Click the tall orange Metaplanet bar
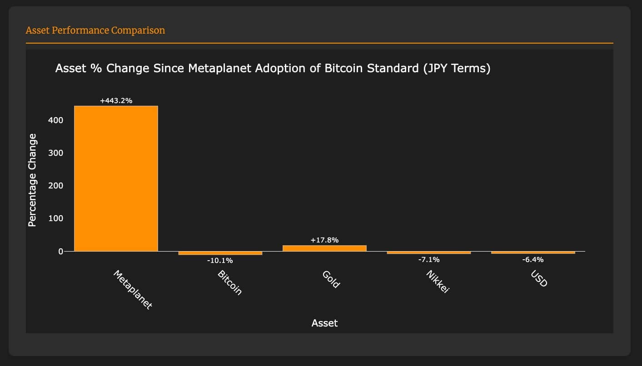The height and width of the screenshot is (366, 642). [x=116, y=179]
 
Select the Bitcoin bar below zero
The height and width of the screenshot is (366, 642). [x=220, y=253]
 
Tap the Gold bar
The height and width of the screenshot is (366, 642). [x=324, y=248]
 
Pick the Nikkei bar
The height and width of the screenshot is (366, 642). [x=429, y=252]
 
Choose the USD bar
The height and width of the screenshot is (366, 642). [x=533, y=252]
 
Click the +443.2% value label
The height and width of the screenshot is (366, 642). [x=116, y=101]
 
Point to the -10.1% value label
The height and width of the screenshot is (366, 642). [x=220, y=261]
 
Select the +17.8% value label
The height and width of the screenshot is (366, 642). [x=324, y=240]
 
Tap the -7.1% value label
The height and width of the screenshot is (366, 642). [x=429, y=260]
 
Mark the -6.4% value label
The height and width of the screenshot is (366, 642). [x=533, y=260]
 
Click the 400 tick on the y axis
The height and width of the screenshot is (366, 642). [x=55, y=120]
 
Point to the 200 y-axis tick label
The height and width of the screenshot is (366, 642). [x=55, y=186]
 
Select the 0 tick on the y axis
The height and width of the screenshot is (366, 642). [x=61, y=252]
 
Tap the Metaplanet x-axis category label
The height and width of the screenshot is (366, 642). [x=133, y=290]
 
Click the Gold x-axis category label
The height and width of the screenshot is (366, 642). [x=331, y=279]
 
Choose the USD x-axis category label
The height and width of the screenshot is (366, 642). [x=539, y=278]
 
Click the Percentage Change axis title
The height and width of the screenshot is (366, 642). [x=32, y=180]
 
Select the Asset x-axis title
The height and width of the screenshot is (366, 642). [x=324, y=323]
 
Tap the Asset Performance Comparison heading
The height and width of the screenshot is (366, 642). [x=95, y=30]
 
